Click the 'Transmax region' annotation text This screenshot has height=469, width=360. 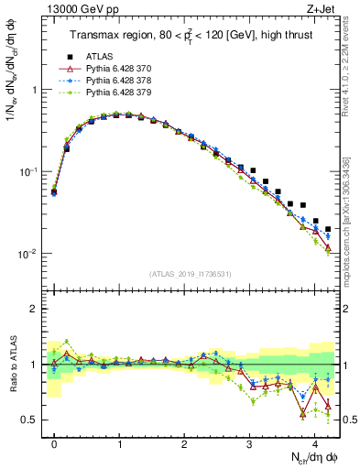107,36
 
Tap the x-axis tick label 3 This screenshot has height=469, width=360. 249,442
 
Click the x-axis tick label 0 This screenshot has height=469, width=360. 54,442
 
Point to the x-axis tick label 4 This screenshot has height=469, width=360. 314,442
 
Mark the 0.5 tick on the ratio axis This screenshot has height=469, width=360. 32,420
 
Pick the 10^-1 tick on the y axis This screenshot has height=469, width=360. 29,172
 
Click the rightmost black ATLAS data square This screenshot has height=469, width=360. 328,230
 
